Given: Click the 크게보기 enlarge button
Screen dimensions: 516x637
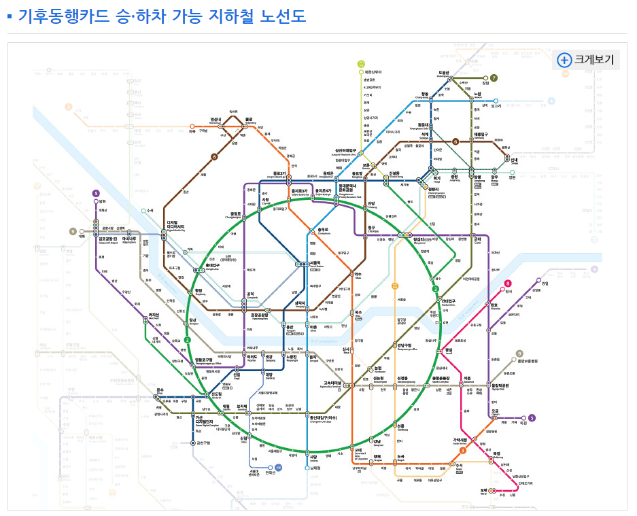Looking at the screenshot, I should pos(586,59).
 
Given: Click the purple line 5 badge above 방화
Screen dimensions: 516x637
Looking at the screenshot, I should pos(96,193).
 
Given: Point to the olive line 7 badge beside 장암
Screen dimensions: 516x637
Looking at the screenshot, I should pos(494,78).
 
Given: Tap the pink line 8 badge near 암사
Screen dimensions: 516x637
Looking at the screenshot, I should pos(507,283).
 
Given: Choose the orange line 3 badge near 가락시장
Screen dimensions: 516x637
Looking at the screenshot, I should pos(462,450).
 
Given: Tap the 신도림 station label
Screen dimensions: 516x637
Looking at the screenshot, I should pos(217,394).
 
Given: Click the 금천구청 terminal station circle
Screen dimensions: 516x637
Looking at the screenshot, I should pos(194,443).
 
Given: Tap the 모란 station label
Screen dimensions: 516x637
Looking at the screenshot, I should pos(484,490).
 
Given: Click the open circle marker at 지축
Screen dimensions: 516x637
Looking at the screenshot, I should pos(192,126).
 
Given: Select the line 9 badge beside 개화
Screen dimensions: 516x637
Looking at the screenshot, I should pos(73,232).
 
